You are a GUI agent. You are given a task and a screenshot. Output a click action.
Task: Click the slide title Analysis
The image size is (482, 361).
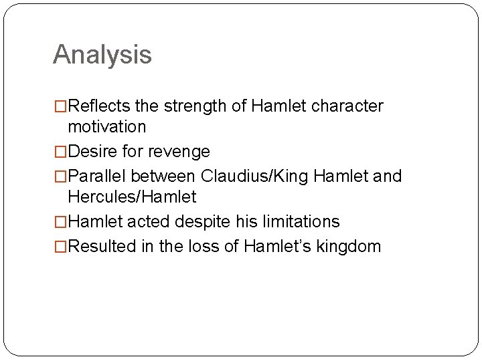[102, 55]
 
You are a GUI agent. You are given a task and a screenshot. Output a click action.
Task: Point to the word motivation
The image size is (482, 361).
[107, 126]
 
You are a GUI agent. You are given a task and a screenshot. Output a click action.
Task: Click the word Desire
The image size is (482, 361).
[93, 152]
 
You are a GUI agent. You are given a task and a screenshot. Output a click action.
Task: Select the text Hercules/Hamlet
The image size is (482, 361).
[133, 197]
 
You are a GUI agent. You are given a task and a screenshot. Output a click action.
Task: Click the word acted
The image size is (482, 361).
[149, 221]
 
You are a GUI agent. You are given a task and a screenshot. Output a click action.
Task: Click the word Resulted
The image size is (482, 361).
[102, 247]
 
